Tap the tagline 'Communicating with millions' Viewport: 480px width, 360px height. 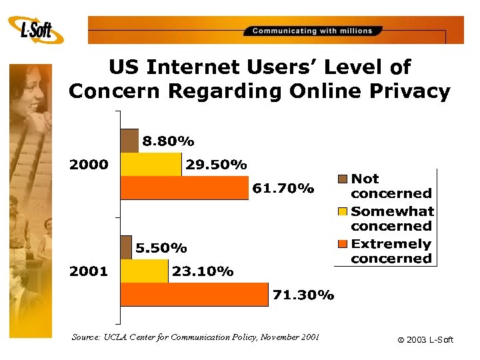[x=313, y=31]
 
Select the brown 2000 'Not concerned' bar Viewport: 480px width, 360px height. [x=129, y=140]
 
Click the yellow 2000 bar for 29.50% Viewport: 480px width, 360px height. [x=151, y=164]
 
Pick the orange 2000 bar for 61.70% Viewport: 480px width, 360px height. [x=184, y=188]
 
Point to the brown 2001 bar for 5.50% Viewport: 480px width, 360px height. [x=126, y=247]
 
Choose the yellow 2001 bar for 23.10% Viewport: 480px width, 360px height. [x=144, y=271]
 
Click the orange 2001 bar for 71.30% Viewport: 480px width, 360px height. [x=194, y=295]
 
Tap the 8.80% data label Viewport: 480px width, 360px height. [x=167, y=141]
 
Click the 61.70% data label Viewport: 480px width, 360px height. [x=283, y=189]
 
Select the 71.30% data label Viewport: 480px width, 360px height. [x=303, y=295]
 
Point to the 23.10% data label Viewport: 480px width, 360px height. [x=203, y=271]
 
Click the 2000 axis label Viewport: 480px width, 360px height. [x=89, y=165]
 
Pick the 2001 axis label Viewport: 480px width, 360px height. [x=89, y=271]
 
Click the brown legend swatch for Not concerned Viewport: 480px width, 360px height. [x=343, y=179]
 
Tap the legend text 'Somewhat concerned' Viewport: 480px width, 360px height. [x=392, y=219]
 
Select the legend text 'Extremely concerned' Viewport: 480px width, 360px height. [x=391, y=251]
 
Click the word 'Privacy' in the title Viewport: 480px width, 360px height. [x=407, y=91]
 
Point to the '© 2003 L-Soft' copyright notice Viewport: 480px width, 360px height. [x=425, y=340]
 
